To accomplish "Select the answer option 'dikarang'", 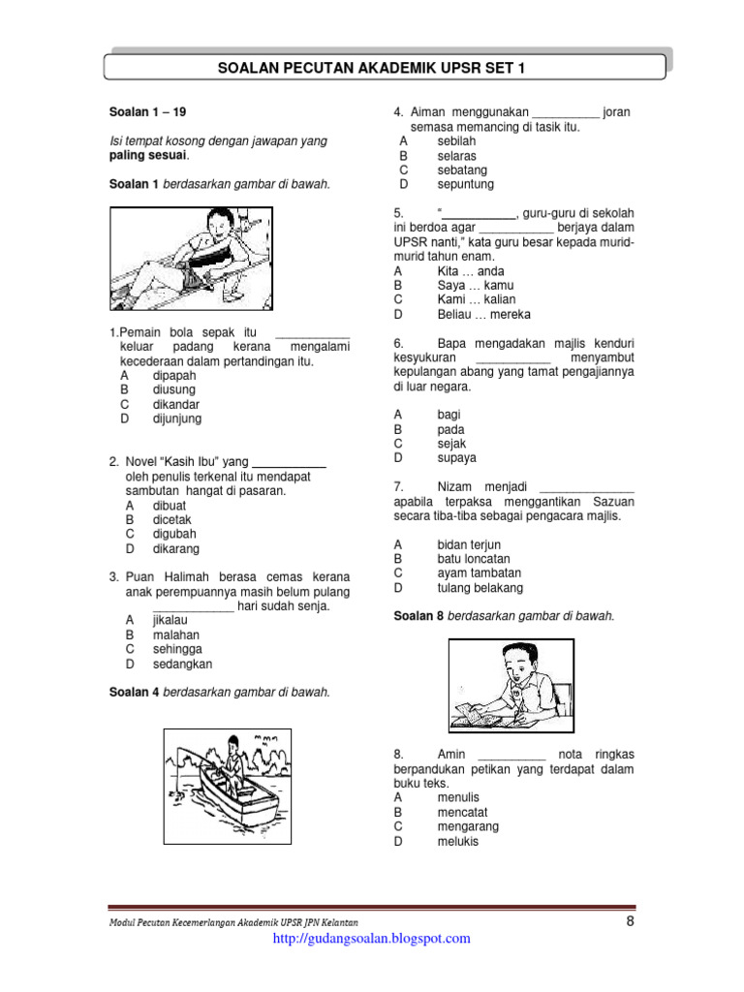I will [x=175, y=548].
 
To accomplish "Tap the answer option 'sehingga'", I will [x=177, y=649].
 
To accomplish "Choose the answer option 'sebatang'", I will [x=465, y=170].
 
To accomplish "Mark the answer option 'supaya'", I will [x=456, y=458].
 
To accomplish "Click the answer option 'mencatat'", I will [x=462, y=812].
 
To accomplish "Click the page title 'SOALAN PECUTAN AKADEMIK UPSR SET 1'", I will [x=385, y=68].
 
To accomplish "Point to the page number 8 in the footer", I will [x=630, y=921].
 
